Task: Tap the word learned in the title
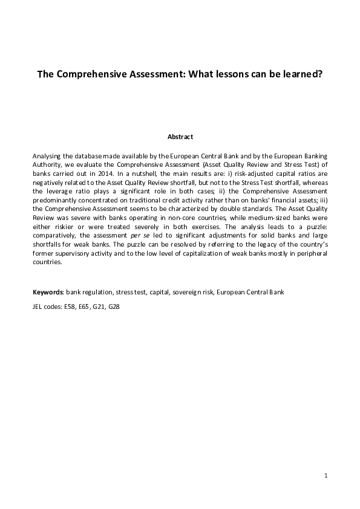[x=300, y=76]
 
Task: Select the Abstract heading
[x=180, y=137]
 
